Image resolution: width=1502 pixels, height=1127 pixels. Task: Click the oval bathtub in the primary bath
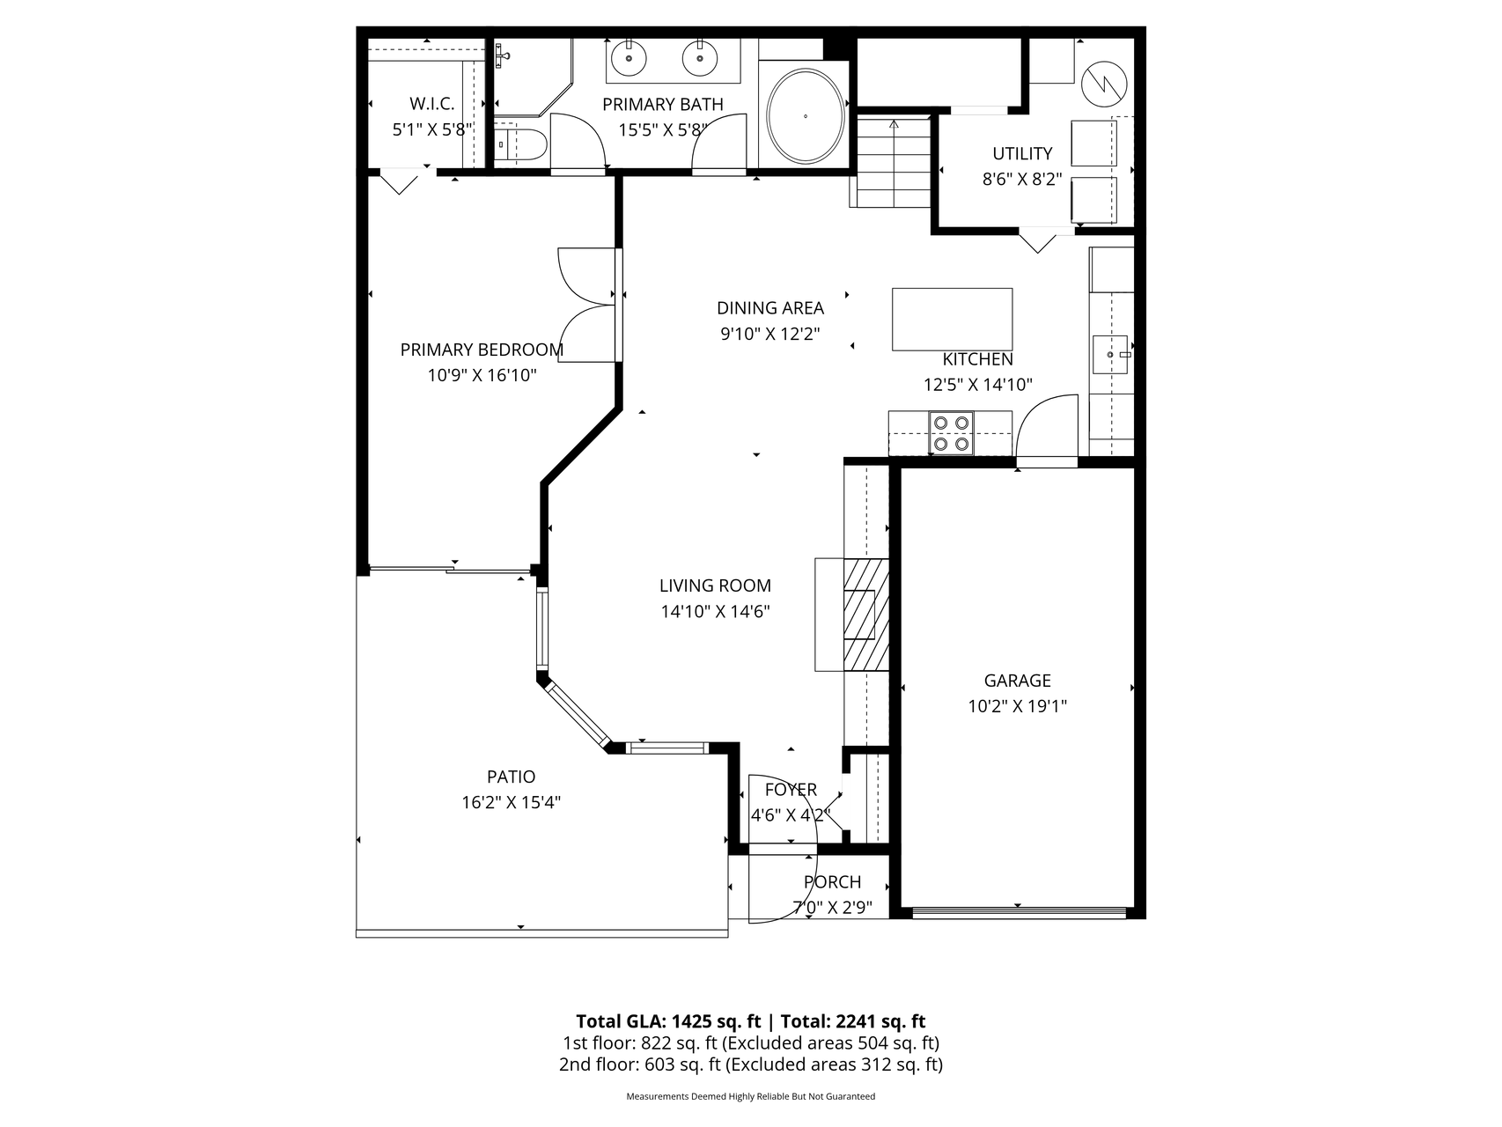[x=806, y=115]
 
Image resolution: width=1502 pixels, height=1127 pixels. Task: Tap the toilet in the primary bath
[x=519, y=144]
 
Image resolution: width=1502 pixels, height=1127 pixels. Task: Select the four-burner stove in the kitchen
[x=952, y=433]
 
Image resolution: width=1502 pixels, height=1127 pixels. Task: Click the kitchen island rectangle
[x=952, y=319]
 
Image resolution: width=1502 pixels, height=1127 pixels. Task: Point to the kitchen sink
[x=1110, y=354]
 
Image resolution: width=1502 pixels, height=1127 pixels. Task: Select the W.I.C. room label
[x=431, y=104]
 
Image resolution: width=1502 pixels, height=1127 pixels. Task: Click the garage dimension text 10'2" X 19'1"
[x=1017, y=705]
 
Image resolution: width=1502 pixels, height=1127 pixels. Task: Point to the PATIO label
[x=511, y=777]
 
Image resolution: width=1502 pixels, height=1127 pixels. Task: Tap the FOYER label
[x=791, y=790]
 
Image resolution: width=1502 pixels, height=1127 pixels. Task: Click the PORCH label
[x=832, y=882]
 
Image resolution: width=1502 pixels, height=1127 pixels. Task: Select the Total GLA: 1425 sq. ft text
[x=668, y=1021]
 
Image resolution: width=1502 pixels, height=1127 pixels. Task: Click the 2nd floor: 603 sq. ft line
[x=751, y=1064]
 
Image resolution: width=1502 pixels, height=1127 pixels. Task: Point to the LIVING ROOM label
[x=715, y=586]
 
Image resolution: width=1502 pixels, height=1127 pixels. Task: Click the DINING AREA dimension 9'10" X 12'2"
[x=770, y=334]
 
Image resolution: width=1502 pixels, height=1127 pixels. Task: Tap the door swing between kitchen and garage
[x=1047, y=426]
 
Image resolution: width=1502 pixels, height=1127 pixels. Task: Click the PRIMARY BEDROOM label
[x=482, y=350]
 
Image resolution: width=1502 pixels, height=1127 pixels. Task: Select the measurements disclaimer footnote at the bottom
[x=751, y=1096]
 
